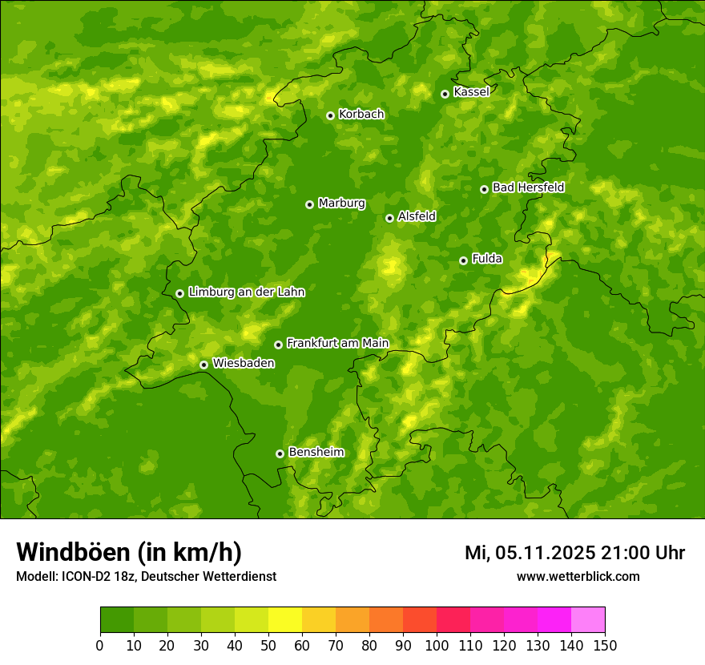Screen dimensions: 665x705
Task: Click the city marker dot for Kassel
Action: click(x=445, y=94)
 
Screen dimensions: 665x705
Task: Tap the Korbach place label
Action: click(x=361, y=115)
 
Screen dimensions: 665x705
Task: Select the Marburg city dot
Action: click(x=309, y=204)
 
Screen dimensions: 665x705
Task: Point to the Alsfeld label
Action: click(x=417, y=216)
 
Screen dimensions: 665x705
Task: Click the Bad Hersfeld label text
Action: click(x=528, y=187)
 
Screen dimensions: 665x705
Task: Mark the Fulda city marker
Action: click(x=463, y=260)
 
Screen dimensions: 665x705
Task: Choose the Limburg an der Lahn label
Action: click(x=246, y=292)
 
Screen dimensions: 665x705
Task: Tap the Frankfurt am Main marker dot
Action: click(x=278, y=345)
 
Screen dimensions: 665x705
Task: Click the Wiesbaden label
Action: click(x=244, y=364)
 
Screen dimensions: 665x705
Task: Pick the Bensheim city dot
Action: click(x=280, y=453)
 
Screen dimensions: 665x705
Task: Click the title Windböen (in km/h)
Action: click(x=128, y=553)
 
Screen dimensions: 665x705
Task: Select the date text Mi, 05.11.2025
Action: click(x=529, y=553)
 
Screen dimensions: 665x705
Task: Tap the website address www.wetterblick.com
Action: click(x=578, y=577)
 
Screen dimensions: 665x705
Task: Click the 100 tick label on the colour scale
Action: click(x=436, y=646)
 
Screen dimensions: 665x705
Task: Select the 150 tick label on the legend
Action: click(x=604, y=646)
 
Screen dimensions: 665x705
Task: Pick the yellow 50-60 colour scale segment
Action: click(x=285, y=620)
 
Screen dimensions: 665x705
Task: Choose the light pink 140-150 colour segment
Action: click(x=588, y=620)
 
